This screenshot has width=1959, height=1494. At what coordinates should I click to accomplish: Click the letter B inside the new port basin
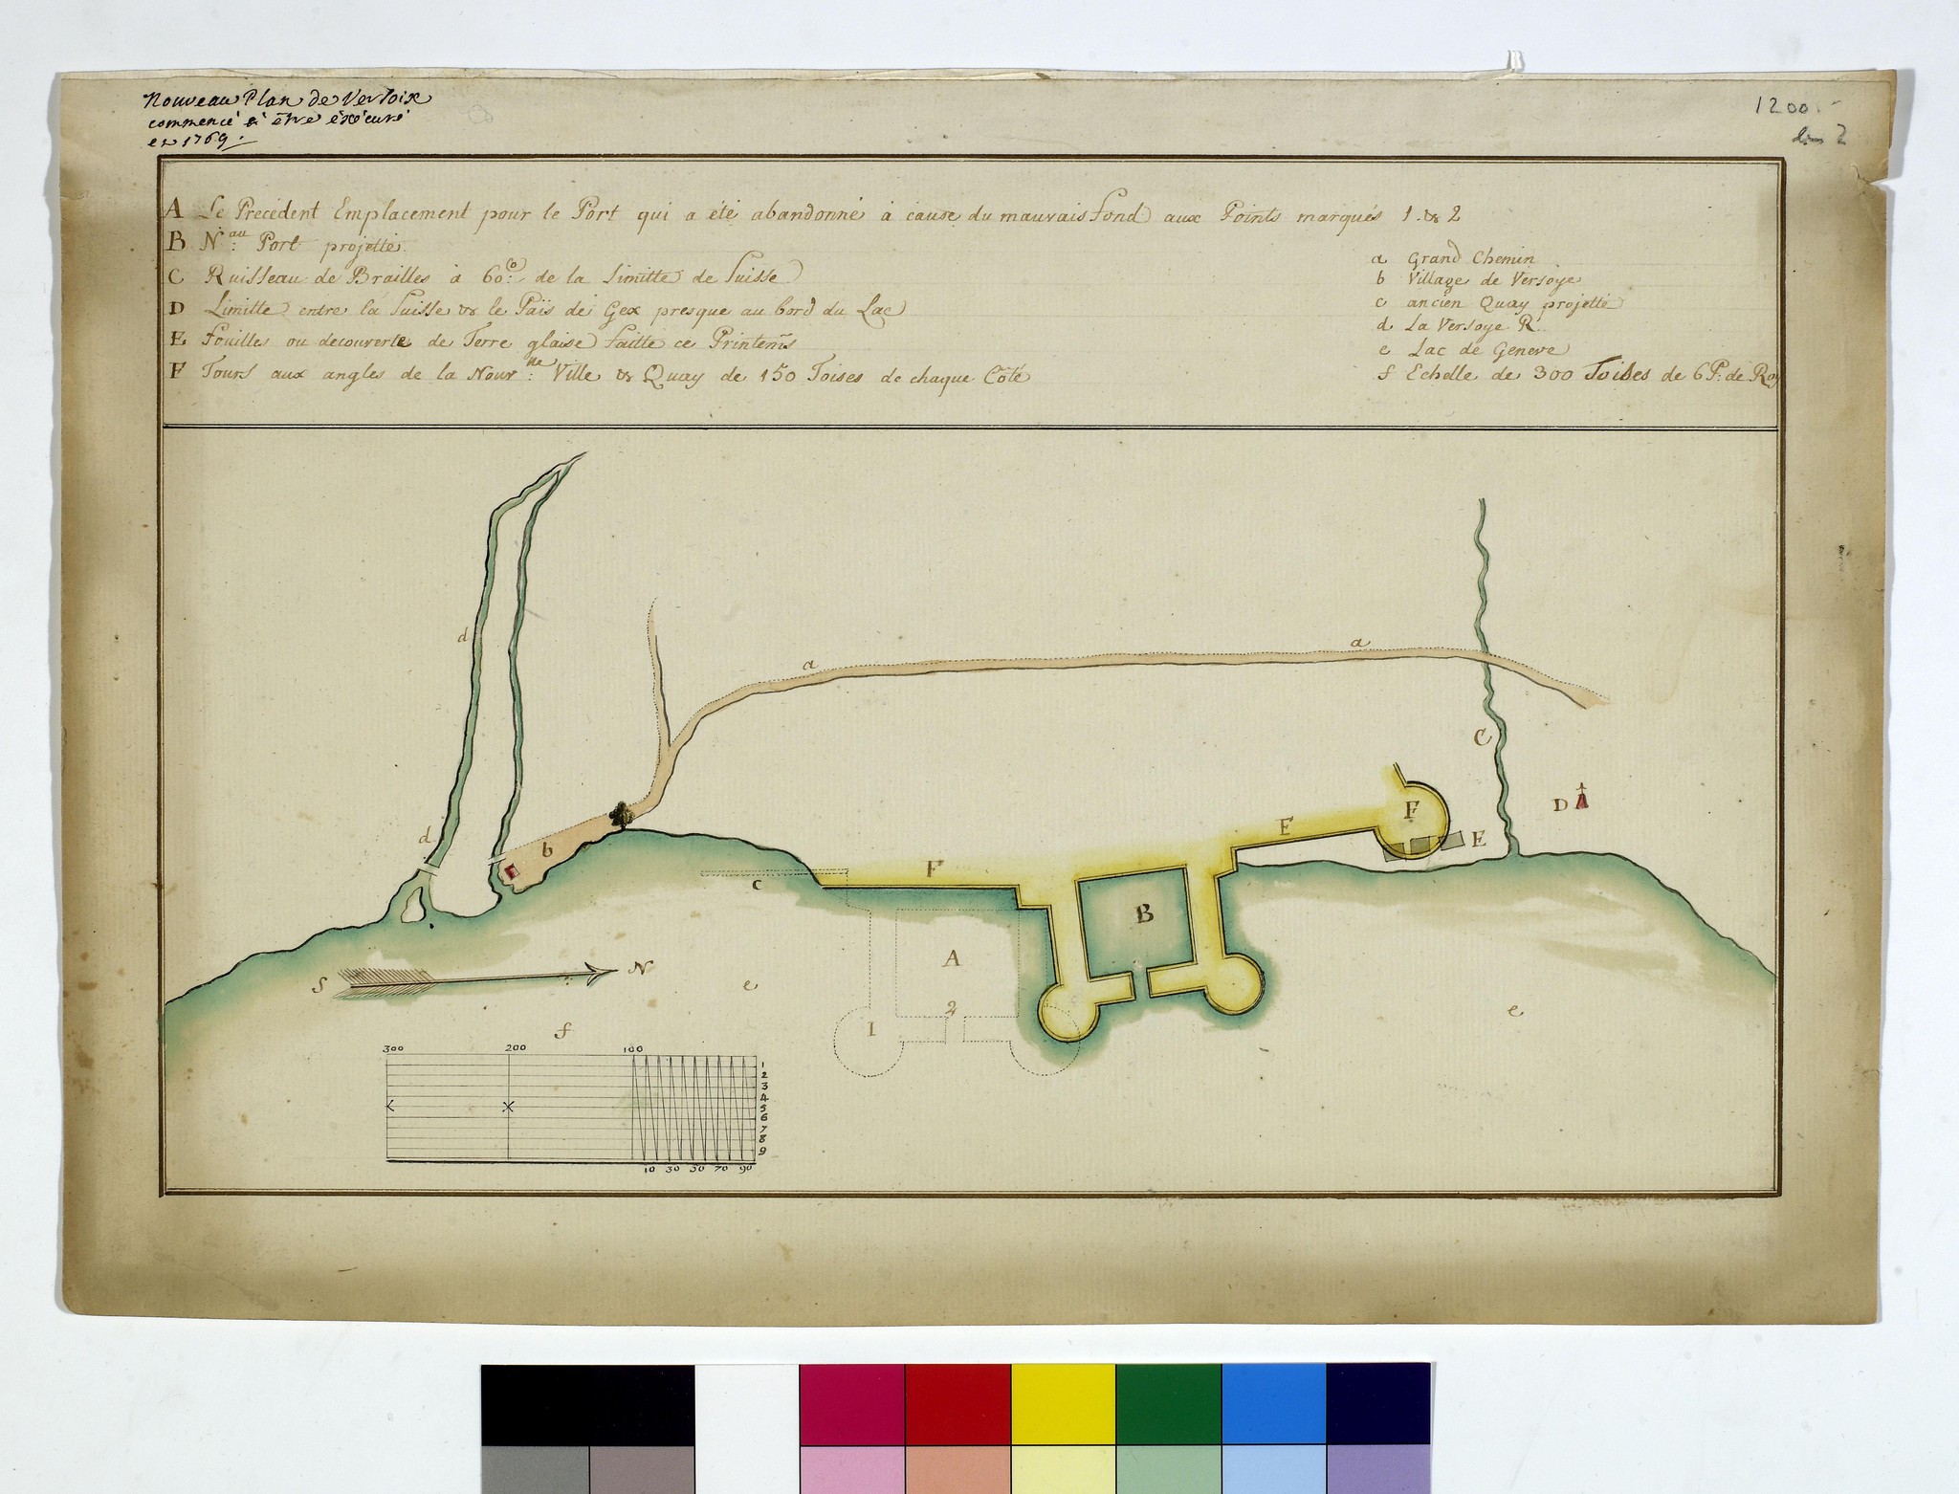[x=1144, y=914]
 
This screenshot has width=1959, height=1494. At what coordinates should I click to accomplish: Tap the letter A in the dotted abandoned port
[x=951, y=958]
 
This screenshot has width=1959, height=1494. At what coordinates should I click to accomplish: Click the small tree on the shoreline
[x=622, y=814]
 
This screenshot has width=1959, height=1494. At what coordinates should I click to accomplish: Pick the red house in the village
[x=511, y=870]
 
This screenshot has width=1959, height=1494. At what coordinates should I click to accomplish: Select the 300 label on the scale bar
[x=393, y=1049]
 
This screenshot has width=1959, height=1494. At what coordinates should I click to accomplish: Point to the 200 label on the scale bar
[x=514, y=1049]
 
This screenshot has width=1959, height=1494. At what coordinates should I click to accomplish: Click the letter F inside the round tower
[x=1411, y=810]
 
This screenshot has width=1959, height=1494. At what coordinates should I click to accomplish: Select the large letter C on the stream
[x=1482, y=737]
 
